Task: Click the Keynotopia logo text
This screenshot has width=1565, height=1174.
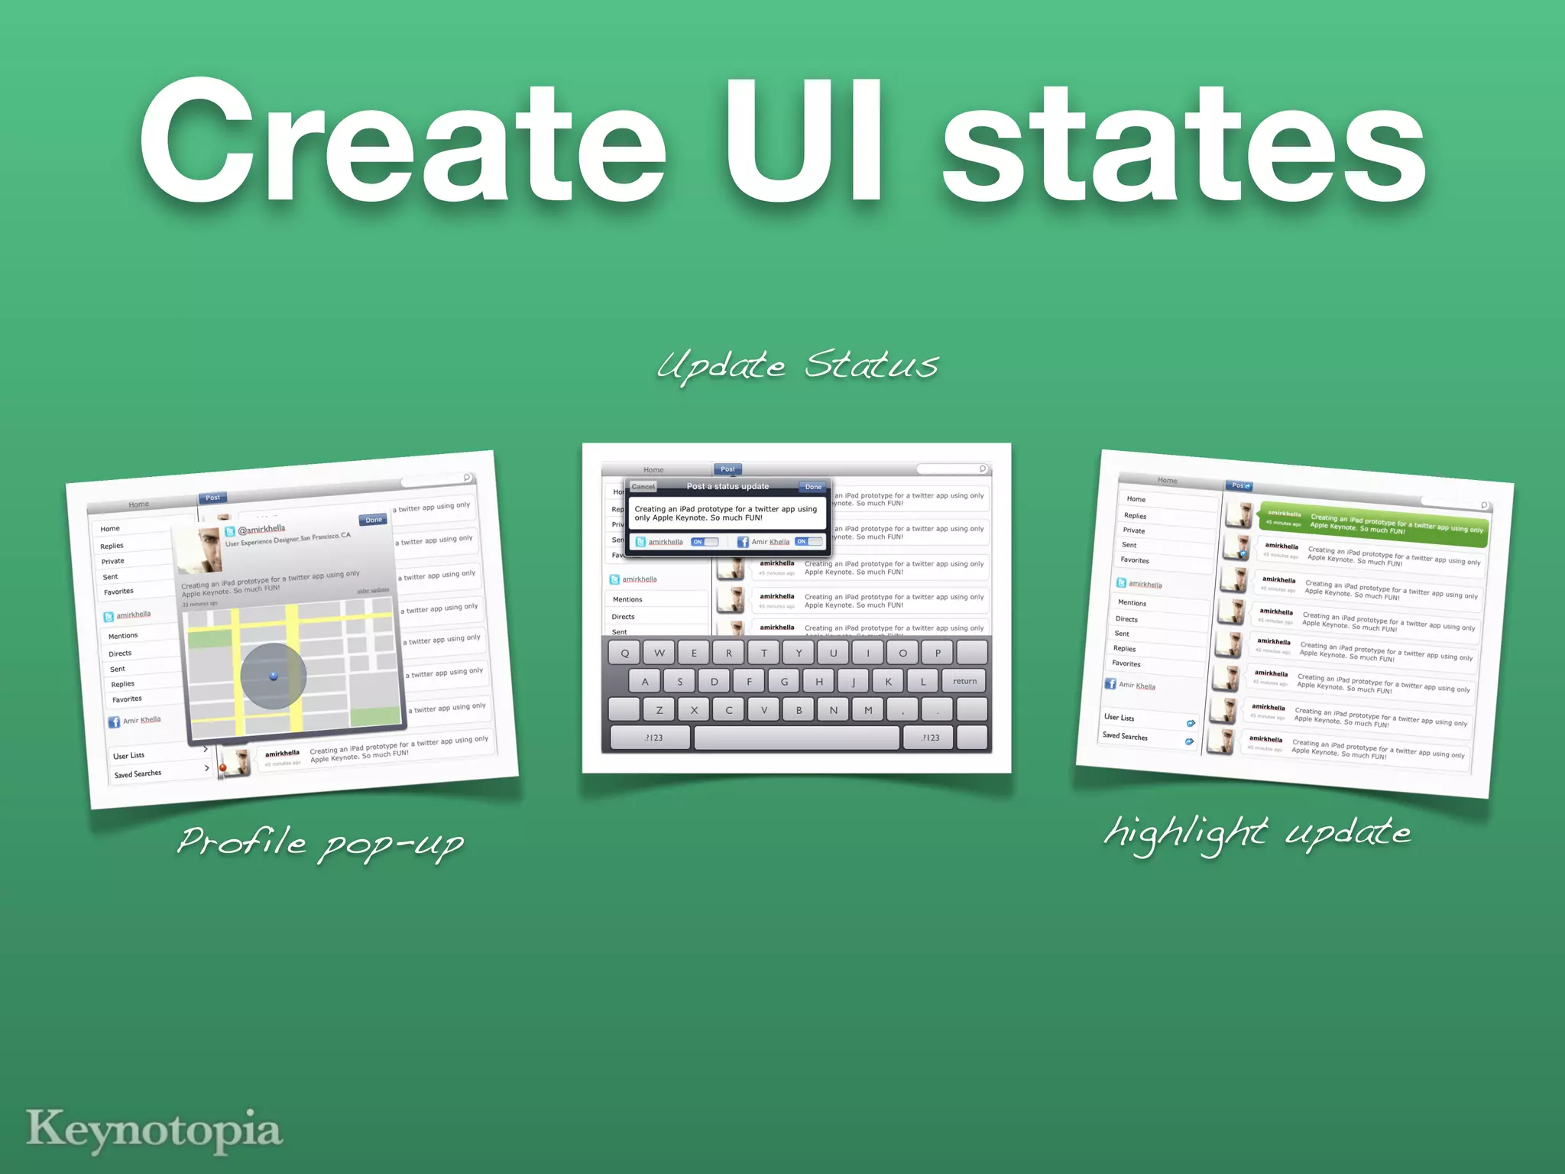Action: [x=154, y=1130]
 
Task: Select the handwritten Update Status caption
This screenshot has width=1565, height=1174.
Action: [x=797, y=365]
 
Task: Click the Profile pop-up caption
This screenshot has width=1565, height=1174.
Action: [x=320, y=842]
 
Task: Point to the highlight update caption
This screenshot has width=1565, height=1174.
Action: [x=1257, y=832]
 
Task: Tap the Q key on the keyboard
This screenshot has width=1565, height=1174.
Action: [x=625, y=653]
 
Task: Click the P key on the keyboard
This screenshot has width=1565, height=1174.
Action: [x=938, y=653]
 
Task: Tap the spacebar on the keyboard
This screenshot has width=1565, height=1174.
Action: [x=796, y=738]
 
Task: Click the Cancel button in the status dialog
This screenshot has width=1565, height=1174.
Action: [x=643, y=486]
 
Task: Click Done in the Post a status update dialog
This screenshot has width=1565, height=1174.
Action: [x=813, y=486]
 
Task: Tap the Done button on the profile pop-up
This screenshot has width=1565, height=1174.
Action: [x=374, y=520]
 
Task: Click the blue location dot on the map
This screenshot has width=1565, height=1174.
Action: [x=274, y=676]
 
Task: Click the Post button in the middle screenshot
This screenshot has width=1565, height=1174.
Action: [x=727, y=469]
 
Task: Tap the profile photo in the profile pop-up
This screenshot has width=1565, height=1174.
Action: [x=199, y=550]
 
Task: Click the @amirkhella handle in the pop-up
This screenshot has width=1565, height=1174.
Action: [x=261, y=529]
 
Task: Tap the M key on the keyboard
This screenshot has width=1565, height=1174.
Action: [x=868, y=710]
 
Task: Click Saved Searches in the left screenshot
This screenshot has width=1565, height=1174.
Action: [x=138, y=773]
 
